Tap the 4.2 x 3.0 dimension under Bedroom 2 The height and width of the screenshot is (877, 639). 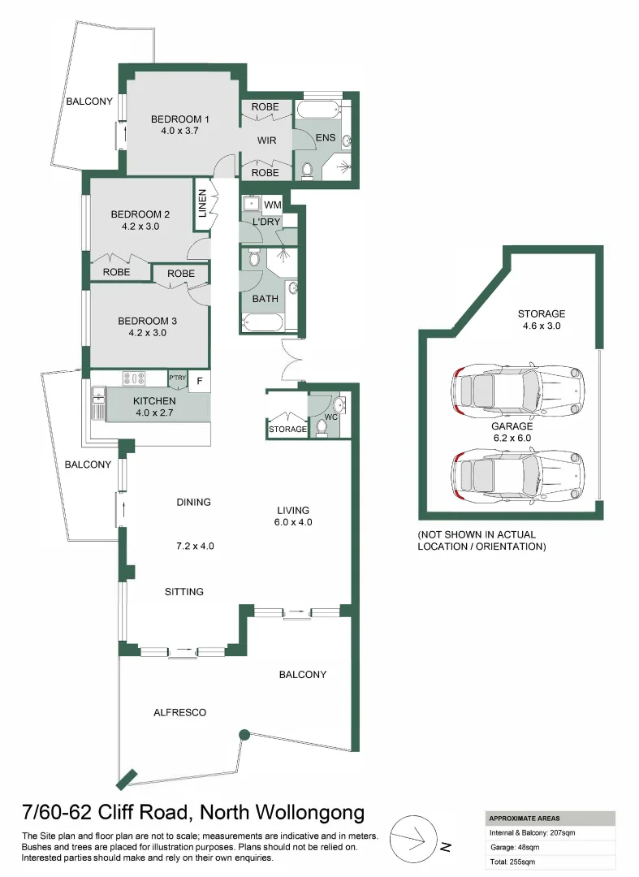140,227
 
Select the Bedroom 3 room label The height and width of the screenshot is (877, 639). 147,321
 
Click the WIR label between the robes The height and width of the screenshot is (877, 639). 266,140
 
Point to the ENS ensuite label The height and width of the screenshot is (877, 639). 325,139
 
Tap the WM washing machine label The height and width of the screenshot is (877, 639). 272,205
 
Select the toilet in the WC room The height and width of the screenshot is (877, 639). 321,427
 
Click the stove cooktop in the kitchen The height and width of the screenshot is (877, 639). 133,378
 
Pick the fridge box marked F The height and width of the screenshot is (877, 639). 200,379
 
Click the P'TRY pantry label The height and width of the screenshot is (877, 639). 177,378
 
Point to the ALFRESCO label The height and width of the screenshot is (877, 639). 179,713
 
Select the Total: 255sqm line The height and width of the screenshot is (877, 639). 512,861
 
